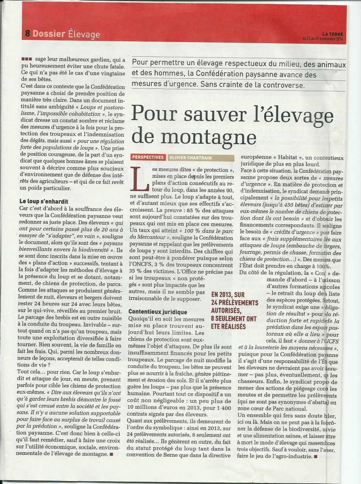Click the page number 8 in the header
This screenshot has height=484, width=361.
pos(27,33)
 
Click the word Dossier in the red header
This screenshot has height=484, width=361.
pos(49,33)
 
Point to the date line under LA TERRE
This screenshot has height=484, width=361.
pos(322,39)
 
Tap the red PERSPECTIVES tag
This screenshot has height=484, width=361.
pos(148,157)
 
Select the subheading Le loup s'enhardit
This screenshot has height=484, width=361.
pos(44,202)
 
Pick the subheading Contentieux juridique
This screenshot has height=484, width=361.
pos(158,312)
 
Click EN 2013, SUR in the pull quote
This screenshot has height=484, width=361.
pos(228,295)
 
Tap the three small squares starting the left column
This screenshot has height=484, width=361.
pos(27,59)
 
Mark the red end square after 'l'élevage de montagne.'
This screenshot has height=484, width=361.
pos(111,454)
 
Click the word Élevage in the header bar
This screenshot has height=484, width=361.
pos(84,34)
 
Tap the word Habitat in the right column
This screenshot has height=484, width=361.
pos(279,158)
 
